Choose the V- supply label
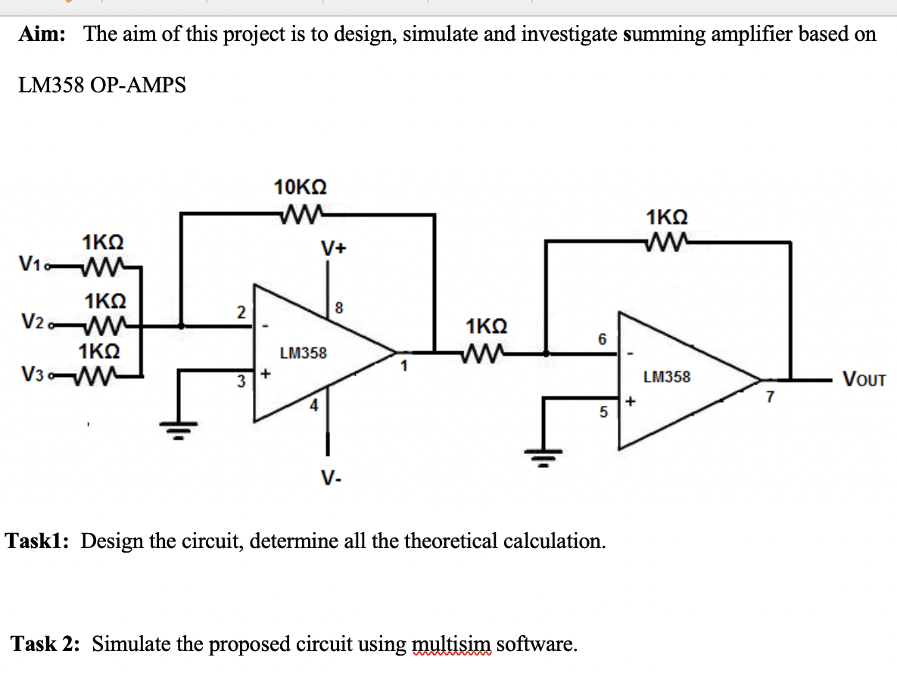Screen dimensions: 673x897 [x=329, y=478]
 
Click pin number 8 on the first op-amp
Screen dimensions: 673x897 [x=339, y=308]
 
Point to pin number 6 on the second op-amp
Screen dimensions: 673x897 [x=603, y=340]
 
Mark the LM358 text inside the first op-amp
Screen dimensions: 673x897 [x=303, y=353]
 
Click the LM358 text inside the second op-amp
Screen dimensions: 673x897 [x=667, y=376]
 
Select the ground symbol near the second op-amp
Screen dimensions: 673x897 [x=544, y=457]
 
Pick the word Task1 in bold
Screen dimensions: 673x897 [x=39, y=541]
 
